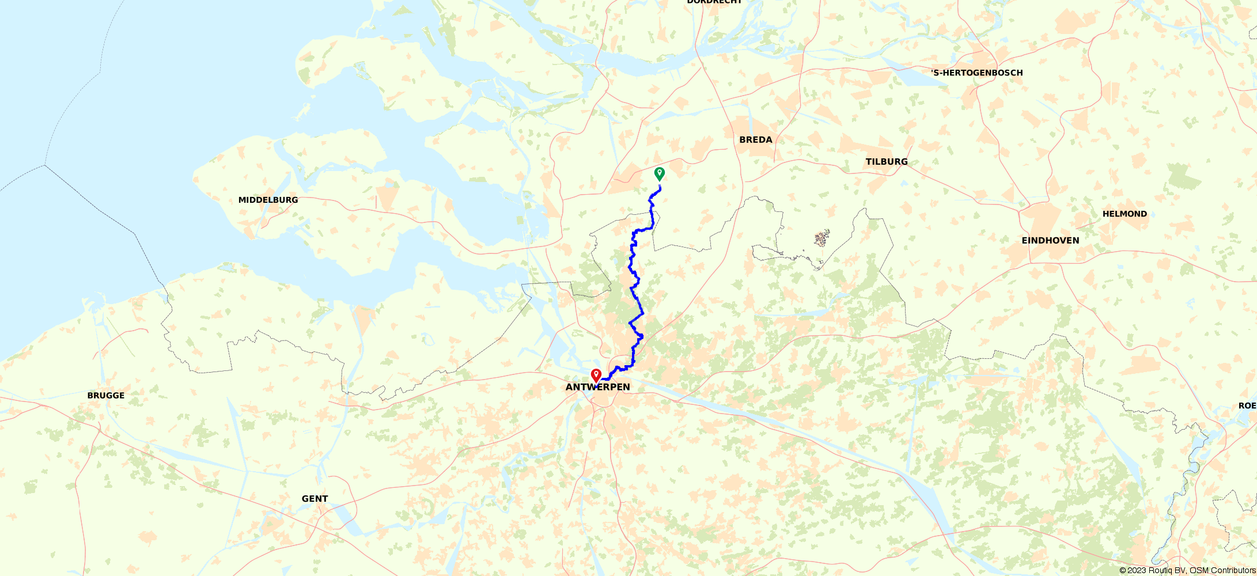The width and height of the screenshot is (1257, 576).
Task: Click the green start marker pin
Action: pyautogui.click(x=660, y=173)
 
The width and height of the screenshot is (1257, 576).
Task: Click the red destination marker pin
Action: pyautogui.click(x=596, y=376)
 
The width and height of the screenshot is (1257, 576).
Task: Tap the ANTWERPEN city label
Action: pyautogui.click(x=597, y=387)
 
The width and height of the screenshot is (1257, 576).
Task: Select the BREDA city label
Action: pyautogui.click(x=756, y=140)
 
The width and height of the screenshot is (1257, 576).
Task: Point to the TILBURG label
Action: pyautogui.click(x=887, y=162)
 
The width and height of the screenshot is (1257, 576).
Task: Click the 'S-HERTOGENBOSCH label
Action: pyautogui.click(x=977, y=73)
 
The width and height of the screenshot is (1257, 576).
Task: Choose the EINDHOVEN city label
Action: pyautogui.click(x=1050, y=241)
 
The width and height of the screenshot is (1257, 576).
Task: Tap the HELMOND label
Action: pyautogui.click(x=1125, y=214)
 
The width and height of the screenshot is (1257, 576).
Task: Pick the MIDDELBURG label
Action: pyautogui.click(x=268, y=200)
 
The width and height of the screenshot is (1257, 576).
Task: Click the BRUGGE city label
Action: pyautogui.click(x=106, y=396)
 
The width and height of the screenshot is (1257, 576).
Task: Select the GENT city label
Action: pyautogui.click(x=315, y=499)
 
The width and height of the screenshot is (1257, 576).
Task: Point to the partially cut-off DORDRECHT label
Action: pyautogui.click(x=714, y=2)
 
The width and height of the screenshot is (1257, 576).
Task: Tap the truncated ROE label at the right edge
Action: pyautogui.click(x=1247, y=406)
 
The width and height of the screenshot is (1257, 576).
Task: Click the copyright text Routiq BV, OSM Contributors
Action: pyautogui.click(x=1187, y=570)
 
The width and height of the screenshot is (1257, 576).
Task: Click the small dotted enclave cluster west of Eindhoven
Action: pyautogui.click(x=822, y=237)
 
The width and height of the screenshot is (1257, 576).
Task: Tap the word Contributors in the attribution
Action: pyautogui.click(x=1233, y=570)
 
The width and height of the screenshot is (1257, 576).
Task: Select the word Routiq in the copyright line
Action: pyautogui.click(x=1160, y=570)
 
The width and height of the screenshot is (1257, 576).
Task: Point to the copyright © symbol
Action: pyautogui.click(x=1123, y=570)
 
